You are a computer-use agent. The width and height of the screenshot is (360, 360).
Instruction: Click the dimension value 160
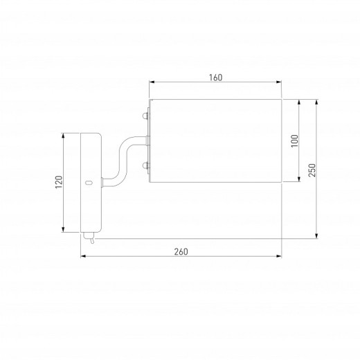(216, 78)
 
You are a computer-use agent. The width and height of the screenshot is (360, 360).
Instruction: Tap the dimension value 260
(181, 251)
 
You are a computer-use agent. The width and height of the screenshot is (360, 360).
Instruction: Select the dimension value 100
(294, 141)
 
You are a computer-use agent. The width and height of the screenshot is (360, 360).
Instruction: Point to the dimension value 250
(312, 170)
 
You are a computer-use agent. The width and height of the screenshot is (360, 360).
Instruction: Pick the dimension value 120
(59, 182)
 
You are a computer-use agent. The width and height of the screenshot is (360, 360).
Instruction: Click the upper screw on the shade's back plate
(145, 116)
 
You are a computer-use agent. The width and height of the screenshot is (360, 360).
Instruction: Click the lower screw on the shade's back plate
(145, 165)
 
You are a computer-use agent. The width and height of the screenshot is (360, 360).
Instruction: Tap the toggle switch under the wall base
(89, 237)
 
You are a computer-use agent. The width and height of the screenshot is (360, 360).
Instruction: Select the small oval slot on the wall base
(89, 183)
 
